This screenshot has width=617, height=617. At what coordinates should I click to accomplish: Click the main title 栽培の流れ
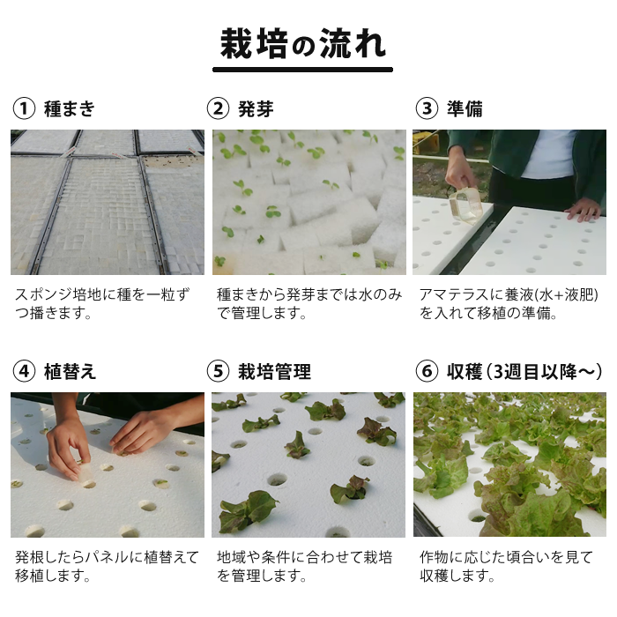(302, 44)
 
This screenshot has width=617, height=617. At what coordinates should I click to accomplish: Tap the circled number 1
(24, 108)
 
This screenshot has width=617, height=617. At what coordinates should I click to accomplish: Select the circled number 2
(218, 108)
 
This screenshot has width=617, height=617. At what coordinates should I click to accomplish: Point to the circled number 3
(427, 108)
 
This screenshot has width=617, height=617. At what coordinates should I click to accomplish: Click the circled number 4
(24, 371)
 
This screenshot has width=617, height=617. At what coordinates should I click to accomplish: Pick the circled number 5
(218, 371)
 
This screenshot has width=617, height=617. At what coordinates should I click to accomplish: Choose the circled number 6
(427, 371)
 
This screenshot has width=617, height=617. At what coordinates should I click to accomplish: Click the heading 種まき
(70, 109)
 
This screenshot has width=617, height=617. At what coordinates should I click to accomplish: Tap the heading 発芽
(256, 109)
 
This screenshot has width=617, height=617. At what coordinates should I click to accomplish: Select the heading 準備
(465, 109)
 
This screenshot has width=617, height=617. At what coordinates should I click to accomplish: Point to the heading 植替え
(70, 372)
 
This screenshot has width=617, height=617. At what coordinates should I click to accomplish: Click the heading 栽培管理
(274, 372)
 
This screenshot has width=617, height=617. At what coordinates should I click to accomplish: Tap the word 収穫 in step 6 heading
(465, 372)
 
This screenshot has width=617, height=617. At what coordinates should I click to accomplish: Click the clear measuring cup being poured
(466, 205)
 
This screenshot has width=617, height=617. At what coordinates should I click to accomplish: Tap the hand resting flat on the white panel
(584, 210)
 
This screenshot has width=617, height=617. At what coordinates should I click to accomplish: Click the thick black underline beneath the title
(302, 70)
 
